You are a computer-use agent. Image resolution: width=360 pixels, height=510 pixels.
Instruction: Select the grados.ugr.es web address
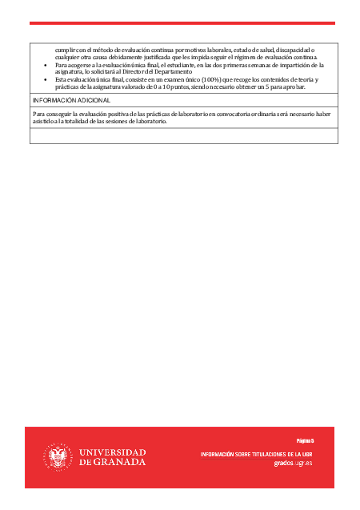coord(293,463)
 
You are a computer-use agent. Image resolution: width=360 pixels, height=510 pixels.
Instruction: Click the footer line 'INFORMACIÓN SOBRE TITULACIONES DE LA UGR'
coord(256,454)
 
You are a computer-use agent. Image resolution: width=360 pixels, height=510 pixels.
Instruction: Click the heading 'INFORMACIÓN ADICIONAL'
coord(71,101)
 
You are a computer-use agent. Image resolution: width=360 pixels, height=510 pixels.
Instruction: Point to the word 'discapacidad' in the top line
coord(293,50)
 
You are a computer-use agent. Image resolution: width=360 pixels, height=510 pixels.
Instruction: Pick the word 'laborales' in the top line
coord(216,50)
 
